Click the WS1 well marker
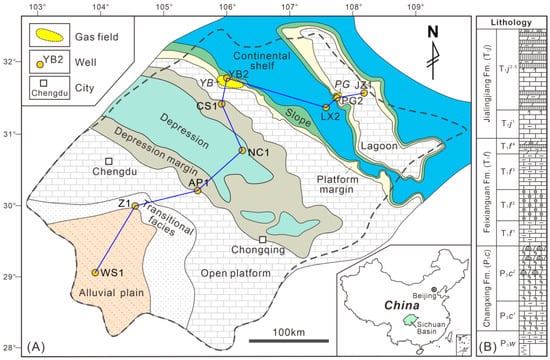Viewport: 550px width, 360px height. pos(95,272)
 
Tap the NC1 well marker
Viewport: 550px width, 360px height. pos(242,152)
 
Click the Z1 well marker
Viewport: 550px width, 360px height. pos(134,205)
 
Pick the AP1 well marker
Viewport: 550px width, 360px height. pos(199,190)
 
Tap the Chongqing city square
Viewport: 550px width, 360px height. pos(262,240)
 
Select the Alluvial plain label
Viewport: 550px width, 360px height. pos(91,292)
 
